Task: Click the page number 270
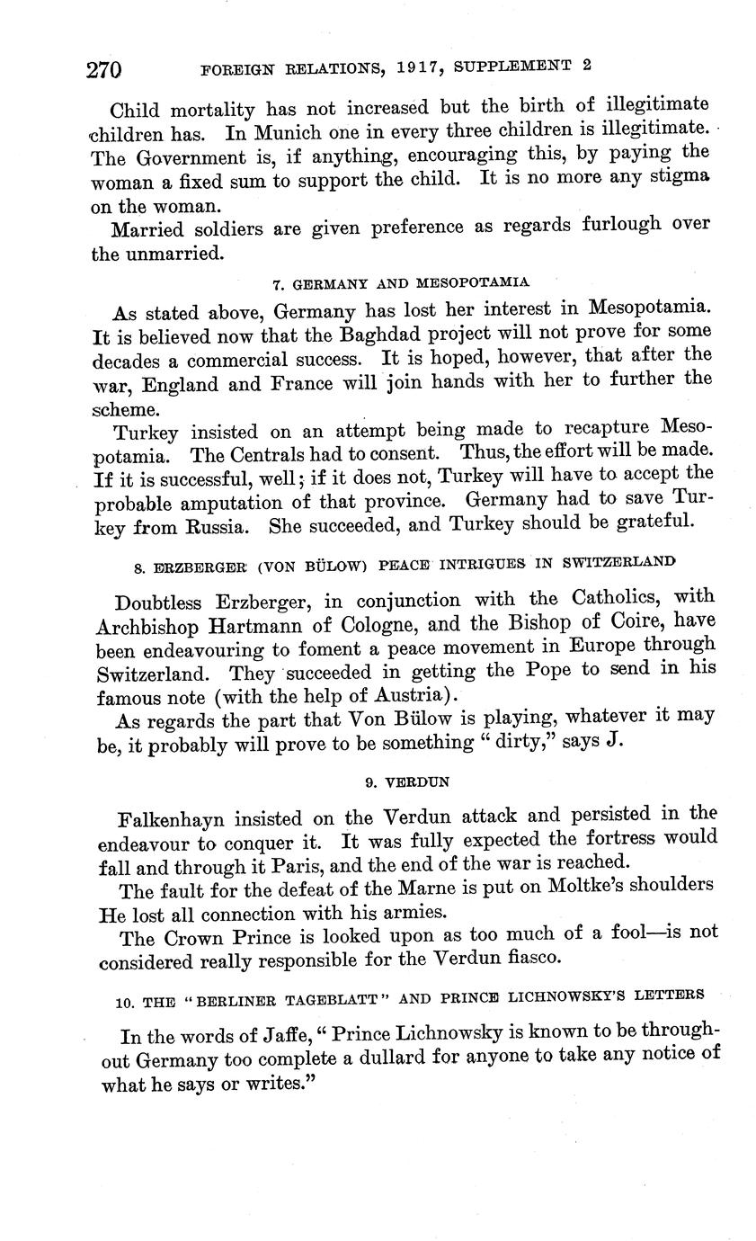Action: pos(104,69)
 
